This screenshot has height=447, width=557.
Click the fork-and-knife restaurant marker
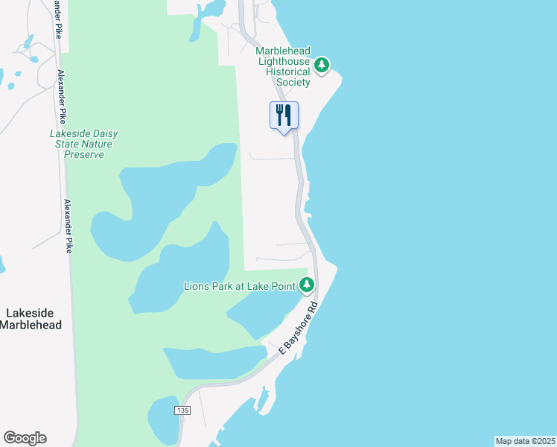[283, 115]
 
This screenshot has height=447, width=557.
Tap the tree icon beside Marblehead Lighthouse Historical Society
[322, 66]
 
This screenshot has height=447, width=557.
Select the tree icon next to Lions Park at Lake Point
[306, 285]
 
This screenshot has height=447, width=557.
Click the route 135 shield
[182, 411]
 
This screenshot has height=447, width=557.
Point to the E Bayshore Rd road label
[298, 327]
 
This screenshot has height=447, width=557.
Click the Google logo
[25, 438]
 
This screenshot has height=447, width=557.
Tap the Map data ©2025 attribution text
[525, 441]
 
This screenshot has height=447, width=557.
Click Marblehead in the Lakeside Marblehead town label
[30, 325]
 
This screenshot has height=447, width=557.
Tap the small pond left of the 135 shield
[163, 419]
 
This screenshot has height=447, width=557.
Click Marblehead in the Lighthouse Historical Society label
[284, 51]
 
